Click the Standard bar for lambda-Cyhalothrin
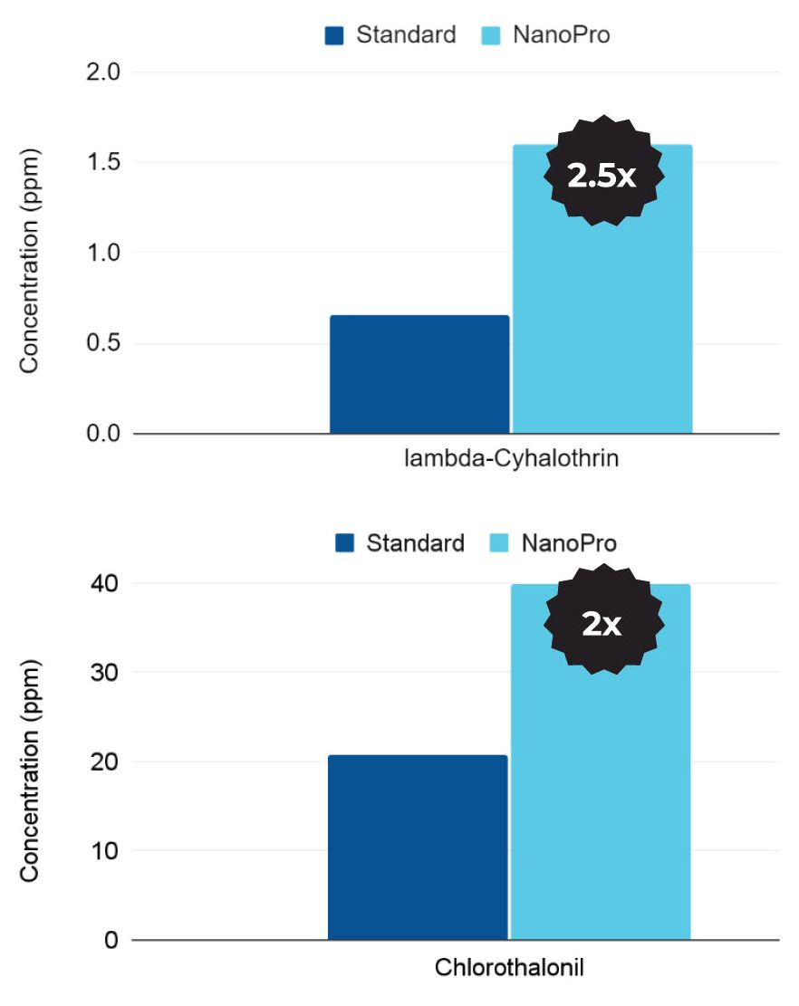(x=419, y=374)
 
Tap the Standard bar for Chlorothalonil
(x=418, y=848)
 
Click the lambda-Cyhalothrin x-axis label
(x=511, y=459)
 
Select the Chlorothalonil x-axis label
(x=509, y=966)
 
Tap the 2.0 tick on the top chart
(x=103, y=72)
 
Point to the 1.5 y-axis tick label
(x=103, y=163)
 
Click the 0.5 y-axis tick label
(x=103, y=344)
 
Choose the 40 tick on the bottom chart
(x=106, y=584)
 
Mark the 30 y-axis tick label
(x=106, y=673)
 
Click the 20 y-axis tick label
(x=106, y=762)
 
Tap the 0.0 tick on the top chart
(x=103, y=435)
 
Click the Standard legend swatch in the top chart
(x=334, y=36)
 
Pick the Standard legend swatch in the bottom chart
(x=344, y=543)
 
